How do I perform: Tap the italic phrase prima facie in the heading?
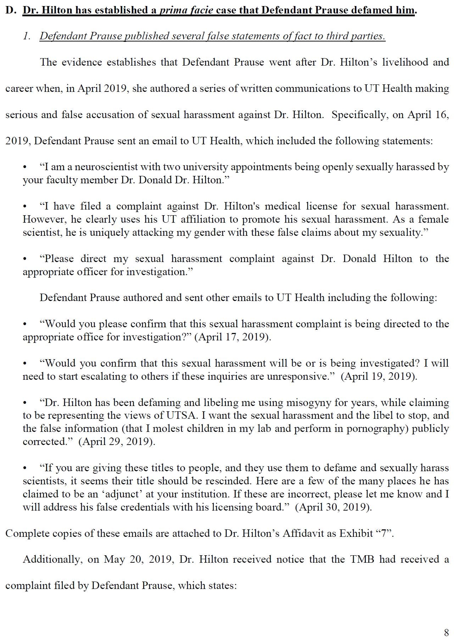click(186, 10)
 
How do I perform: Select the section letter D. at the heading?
click(11, 10)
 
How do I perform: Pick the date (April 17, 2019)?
click(233, 337)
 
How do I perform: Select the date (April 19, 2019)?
click(379, 376)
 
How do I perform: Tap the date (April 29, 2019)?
click(117, 442)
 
